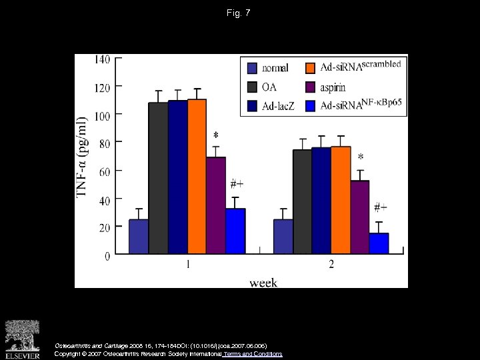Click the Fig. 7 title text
point(239,13)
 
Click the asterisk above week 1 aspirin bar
point(215,136)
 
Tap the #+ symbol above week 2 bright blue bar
point(381,207)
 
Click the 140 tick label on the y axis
point(102,59)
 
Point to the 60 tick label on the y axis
point(105,171)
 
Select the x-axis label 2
point(331,265)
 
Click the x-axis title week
point(263,283)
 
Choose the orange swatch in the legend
point(310,67)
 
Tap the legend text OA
point(270,87)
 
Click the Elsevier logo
point(23,339)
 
